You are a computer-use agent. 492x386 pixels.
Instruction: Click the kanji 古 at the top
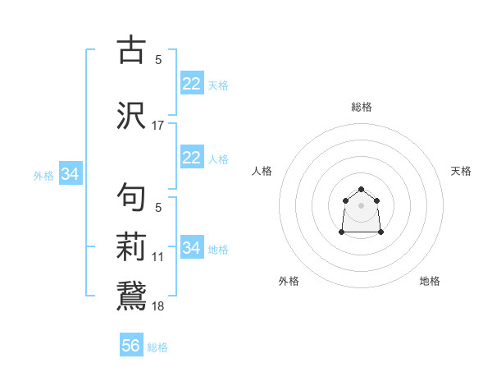pos(131,50)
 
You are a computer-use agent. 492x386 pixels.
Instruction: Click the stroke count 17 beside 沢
pos(158,126)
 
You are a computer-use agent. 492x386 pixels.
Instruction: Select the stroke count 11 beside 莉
pos(158,257)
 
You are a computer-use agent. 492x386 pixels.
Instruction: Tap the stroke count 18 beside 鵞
pos(158,306)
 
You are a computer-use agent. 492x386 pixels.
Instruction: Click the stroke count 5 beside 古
pos(158,60)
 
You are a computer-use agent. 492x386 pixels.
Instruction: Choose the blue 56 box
pos(131,346)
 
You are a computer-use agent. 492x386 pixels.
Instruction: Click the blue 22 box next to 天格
pos(191,84)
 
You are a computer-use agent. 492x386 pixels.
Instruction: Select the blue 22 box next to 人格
pos(191,158)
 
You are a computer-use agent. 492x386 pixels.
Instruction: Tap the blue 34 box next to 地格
pos(191,247)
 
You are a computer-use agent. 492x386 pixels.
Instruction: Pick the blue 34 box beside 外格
pos(70,173)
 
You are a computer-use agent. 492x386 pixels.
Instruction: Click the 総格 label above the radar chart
pos(362,107)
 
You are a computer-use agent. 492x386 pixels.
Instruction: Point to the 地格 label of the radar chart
pos(430,281)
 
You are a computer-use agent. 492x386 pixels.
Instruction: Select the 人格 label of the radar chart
pos(262,171)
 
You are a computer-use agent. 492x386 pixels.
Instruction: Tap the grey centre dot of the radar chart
pos(362,204)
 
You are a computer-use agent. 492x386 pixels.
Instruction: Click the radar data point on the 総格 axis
pos(362,190)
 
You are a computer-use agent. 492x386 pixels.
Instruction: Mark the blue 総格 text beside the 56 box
pos(157,347)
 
